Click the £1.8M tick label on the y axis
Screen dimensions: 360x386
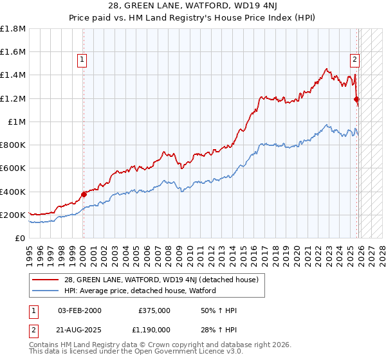click(13, 28)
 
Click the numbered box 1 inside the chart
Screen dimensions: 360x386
click(83, 60)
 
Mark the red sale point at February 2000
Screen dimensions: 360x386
click(83, 194)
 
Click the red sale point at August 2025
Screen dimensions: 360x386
click(356, 99)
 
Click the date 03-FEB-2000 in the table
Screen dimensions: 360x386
click(79, 310)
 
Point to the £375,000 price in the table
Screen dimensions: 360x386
click(154, 310)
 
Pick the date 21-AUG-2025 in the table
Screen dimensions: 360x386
click(79, 329)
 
